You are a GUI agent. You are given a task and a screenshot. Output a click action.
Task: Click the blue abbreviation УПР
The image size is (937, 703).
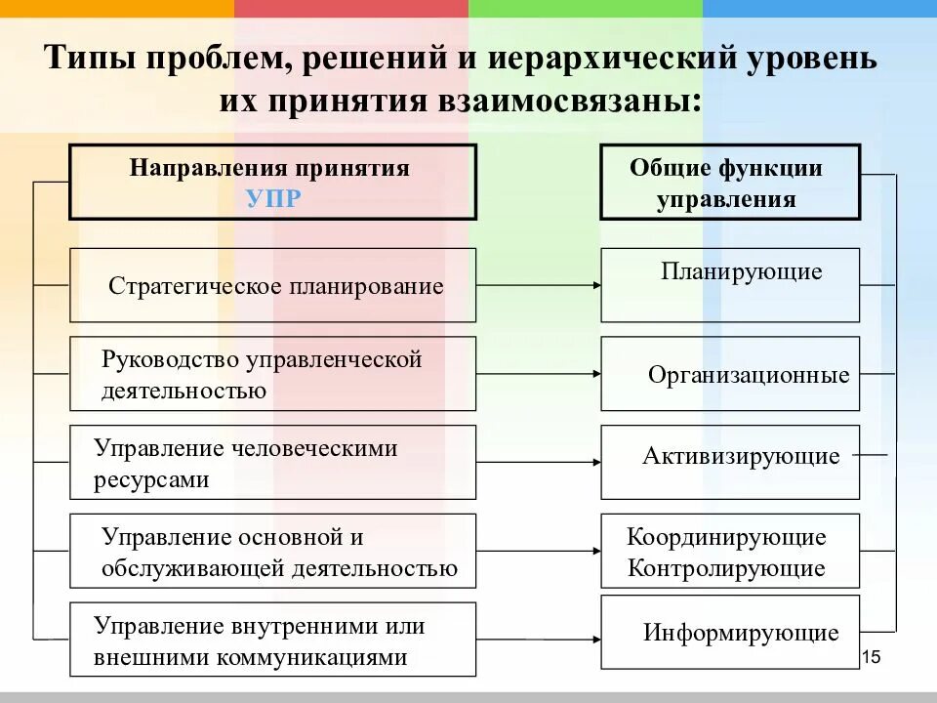272,198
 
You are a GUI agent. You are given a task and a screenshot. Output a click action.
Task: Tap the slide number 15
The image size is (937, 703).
872,656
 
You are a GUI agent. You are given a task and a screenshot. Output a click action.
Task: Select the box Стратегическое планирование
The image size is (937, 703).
273,285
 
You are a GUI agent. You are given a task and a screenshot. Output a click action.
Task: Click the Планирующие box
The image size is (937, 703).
730,285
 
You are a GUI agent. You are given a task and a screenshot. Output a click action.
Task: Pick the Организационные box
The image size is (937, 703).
730,374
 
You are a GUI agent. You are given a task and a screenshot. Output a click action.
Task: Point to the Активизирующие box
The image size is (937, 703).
730,462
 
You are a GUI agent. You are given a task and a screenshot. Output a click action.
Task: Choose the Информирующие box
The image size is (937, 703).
730,634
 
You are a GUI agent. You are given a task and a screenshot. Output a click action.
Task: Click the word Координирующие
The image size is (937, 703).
726,537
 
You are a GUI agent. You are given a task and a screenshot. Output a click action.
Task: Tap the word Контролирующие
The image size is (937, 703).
726,568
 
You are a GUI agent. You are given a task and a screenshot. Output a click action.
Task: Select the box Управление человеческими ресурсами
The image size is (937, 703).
273,463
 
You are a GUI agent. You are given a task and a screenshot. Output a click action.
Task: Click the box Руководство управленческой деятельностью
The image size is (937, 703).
273,374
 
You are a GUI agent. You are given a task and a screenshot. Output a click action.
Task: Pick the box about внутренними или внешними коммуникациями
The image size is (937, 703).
273,640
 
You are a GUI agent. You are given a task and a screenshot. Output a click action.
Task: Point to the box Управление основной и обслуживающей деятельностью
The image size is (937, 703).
273,552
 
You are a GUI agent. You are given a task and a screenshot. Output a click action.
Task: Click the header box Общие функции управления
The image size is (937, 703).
730,182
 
